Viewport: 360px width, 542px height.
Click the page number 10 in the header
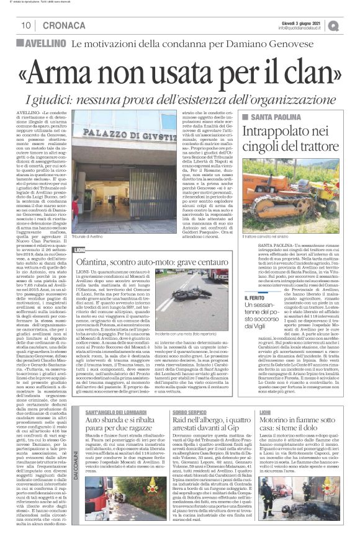27,25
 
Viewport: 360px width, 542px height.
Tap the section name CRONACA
56,25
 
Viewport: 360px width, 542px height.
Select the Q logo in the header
351,25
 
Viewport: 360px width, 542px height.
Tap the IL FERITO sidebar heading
254,298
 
